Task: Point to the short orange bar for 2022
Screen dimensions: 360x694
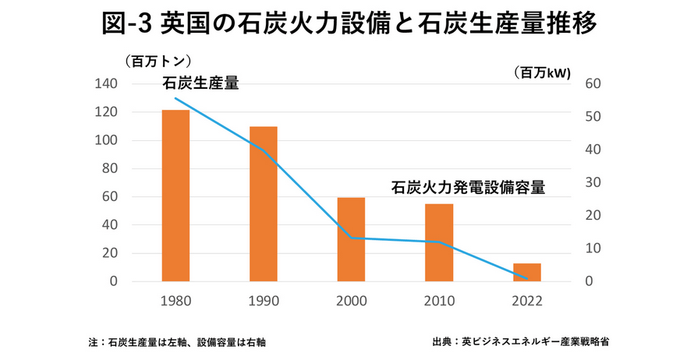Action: click(x=527, y=272)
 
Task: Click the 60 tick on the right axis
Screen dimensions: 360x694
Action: click(x=592, y=84)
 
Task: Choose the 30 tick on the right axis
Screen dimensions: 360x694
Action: click(x=592, y=182)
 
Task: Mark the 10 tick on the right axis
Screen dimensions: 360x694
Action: click(x=592, y=249)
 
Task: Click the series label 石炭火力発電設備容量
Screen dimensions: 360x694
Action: click(x=467, y=188)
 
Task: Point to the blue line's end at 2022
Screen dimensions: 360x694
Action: click(x=528, y=278)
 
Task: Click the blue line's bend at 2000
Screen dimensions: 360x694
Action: click(x=352, y=238)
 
